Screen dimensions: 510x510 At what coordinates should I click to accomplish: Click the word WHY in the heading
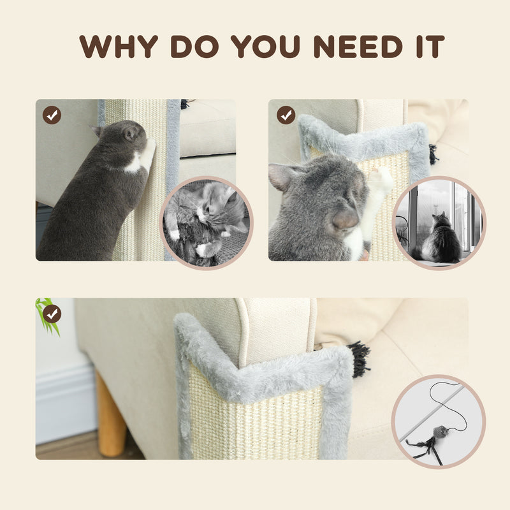pyautogui.click(x=119, y=47)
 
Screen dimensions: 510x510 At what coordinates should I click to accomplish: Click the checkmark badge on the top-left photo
pyautogui.click(x=52, y=115)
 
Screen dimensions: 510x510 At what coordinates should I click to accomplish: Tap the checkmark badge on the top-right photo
pyautogui.click(x=286, y=115)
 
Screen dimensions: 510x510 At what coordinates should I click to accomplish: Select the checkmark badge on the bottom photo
pyautogui.click(x=52, y=314)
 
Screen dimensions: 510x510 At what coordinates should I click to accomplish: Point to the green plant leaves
pyautogui.click(x=47, y=314)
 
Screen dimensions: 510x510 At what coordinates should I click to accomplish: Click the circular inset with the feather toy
pyautogui.click(x=438, y=421)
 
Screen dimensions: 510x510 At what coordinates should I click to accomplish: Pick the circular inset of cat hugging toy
pyautogui.click(x=206, y=223)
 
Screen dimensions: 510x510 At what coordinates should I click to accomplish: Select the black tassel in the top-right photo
pyautogui.click(x=433, y=154)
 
